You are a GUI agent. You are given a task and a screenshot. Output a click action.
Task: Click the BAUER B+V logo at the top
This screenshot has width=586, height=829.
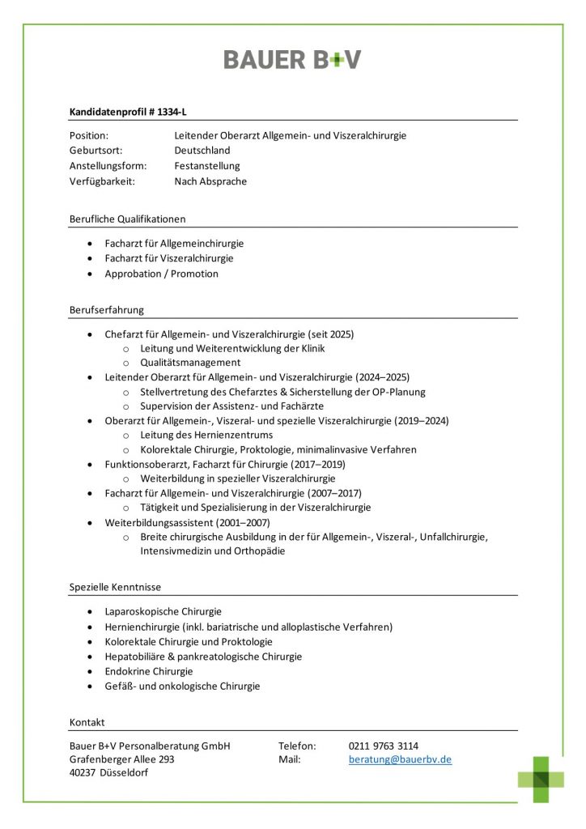click(x=292, y=59)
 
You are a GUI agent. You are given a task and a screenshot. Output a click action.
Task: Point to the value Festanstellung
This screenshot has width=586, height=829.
click(x=207, y=166)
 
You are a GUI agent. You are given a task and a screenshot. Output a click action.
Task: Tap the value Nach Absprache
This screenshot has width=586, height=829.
click(x=210, y=181)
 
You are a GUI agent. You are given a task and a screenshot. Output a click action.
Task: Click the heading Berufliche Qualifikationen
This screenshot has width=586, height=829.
click(x=128, y=219)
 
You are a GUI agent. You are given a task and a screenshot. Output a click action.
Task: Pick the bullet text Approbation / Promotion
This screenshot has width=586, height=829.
click(x=161, y=274)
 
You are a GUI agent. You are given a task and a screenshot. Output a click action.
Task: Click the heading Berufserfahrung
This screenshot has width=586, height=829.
click(x=107, y=309)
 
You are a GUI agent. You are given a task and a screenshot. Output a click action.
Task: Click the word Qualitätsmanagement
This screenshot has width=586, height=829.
click(x=190, y=363)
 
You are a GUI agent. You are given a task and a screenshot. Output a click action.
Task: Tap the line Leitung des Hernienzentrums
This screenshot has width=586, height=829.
click(x=206, y=436)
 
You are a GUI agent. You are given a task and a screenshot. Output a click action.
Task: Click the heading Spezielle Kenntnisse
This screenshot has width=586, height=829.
click(x=115, y=586)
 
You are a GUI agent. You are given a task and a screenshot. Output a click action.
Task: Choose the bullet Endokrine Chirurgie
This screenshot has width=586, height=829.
click(x=149, y=671)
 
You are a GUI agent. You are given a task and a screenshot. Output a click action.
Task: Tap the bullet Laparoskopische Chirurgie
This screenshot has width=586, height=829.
click(x=163, y=612)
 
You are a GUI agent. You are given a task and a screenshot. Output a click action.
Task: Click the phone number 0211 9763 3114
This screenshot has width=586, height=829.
click(x=384, y=746)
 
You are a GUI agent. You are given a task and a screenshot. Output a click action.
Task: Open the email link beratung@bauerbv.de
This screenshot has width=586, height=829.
click(x=400, y=760)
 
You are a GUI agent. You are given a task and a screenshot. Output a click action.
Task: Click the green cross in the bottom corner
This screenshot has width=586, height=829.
click(x=541, y=779)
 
